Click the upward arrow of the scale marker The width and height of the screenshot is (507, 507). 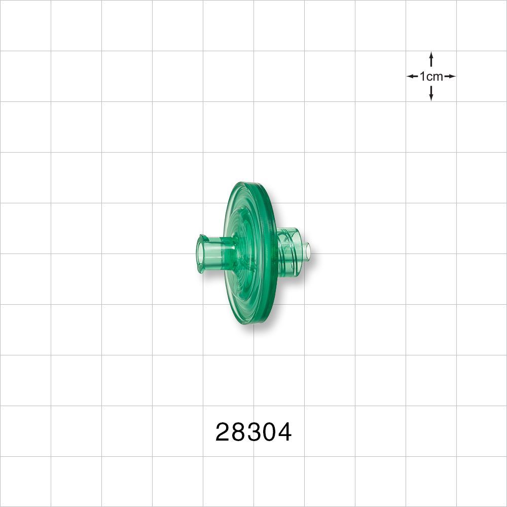point(430,59)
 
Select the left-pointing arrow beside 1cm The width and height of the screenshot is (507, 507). point(412,77)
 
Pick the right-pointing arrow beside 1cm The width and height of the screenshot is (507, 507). point(450,77)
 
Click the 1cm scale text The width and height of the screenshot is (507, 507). point(431,77)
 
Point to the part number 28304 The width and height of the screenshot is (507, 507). point(253,432)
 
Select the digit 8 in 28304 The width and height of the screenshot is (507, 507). point(239,432)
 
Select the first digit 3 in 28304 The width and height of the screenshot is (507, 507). point(254,432)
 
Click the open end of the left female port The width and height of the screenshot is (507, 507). point(201,253)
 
